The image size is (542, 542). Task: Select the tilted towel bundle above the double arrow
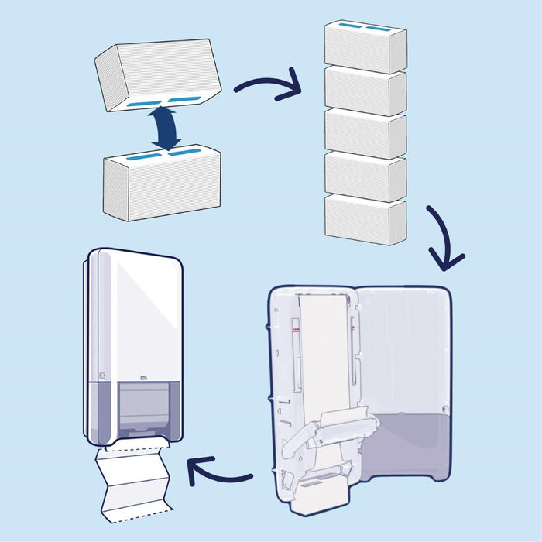(x=157, y=74)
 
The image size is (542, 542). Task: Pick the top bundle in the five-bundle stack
(x=365, y=45)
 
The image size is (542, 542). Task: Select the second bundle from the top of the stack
(x=365, y=90)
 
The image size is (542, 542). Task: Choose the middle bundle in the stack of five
(x=365, y=133)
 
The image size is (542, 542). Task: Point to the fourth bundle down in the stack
(x=365, y=176)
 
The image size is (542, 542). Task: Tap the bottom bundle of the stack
(x=365, y=219)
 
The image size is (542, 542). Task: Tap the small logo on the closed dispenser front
(x=142, y=377)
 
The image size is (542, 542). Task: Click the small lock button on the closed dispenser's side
(x=101, y=376)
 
